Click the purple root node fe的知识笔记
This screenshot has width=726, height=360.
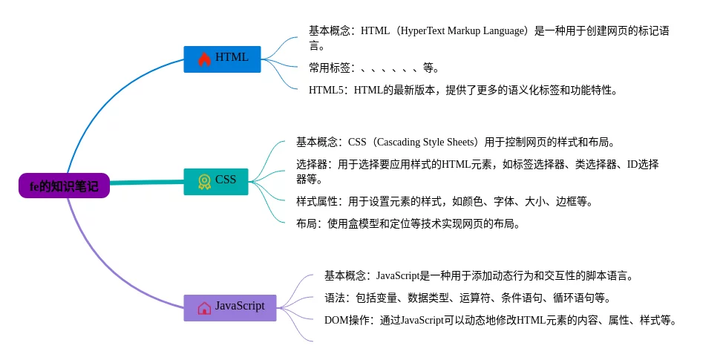point(63,186)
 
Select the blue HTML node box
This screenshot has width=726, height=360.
point(222,58)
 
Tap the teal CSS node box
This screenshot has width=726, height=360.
point(215,180)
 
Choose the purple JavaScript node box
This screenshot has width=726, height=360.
point(230,307)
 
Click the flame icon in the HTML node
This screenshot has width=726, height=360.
point(204,58)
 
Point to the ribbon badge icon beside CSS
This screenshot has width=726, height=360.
point(204,180)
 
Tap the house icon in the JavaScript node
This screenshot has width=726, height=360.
point(204,307)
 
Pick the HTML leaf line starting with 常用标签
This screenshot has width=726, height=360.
point(373,68)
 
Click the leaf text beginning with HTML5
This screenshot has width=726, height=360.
point(462,91)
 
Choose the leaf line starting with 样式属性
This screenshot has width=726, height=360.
point(443,201)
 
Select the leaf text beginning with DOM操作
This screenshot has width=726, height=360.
point(500,320)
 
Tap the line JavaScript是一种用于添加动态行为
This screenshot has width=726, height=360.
point(479,275)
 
